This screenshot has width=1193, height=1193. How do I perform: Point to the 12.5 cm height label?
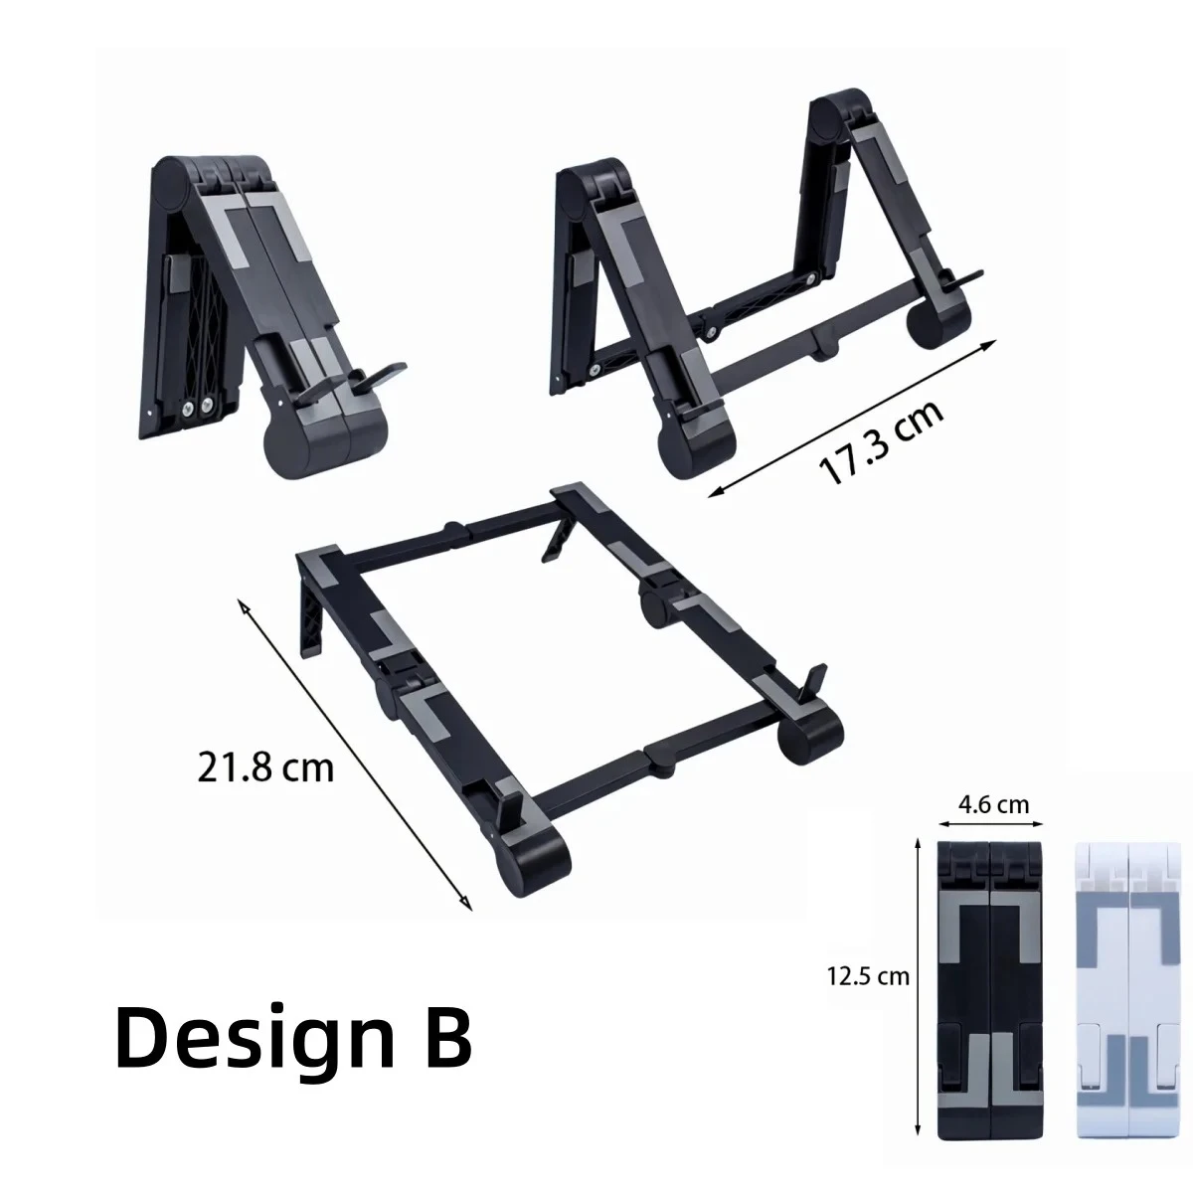pyautogui.click(x=867, y=975)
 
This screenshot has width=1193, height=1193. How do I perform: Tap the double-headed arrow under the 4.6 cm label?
pyautogui.click(x=989, y=823)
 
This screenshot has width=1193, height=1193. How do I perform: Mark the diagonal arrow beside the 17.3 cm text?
pyautogui.click(x=850, y=418)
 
